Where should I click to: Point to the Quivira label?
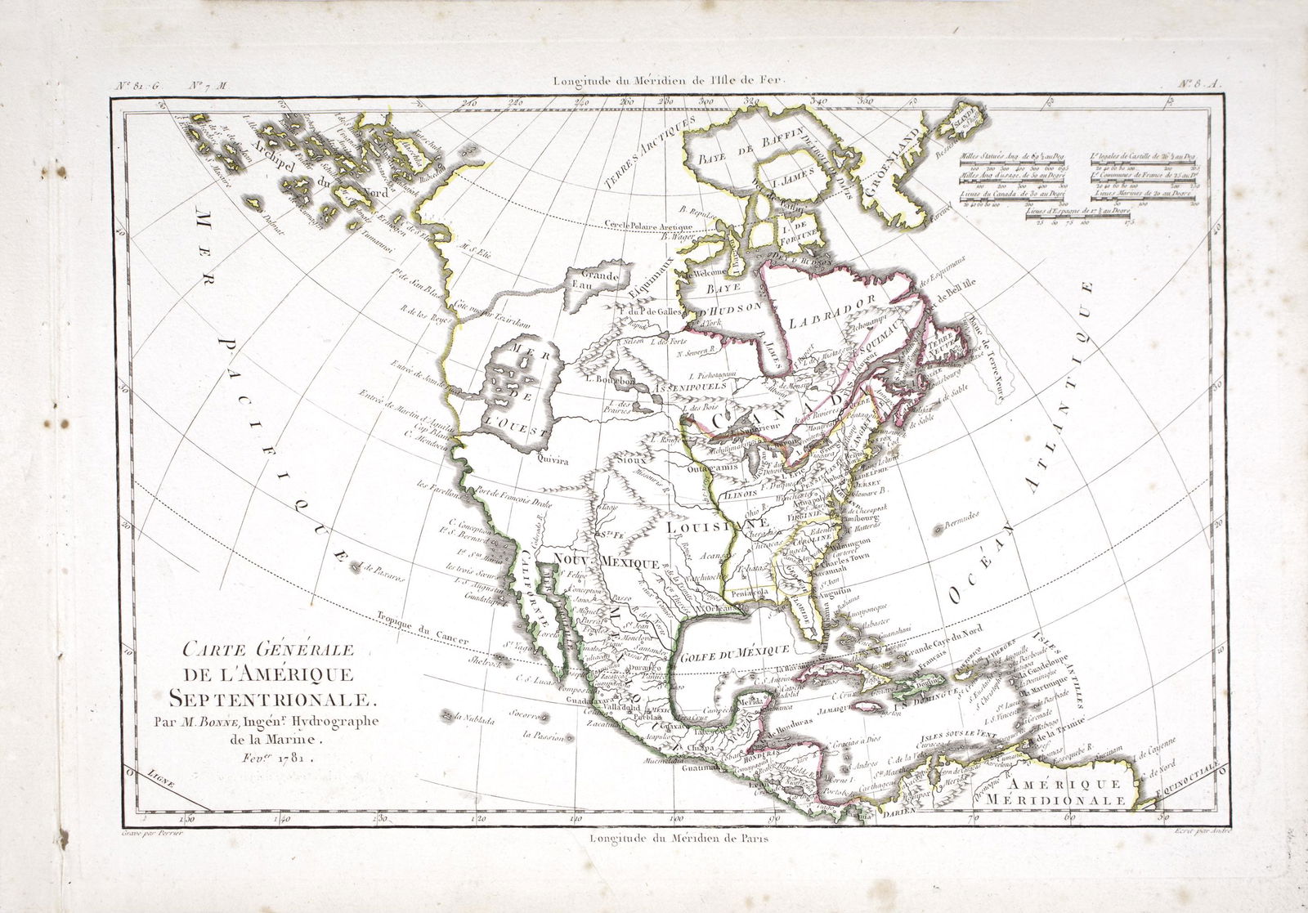coord(553,460)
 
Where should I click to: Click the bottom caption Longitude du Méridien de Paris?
coord(677,838)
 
